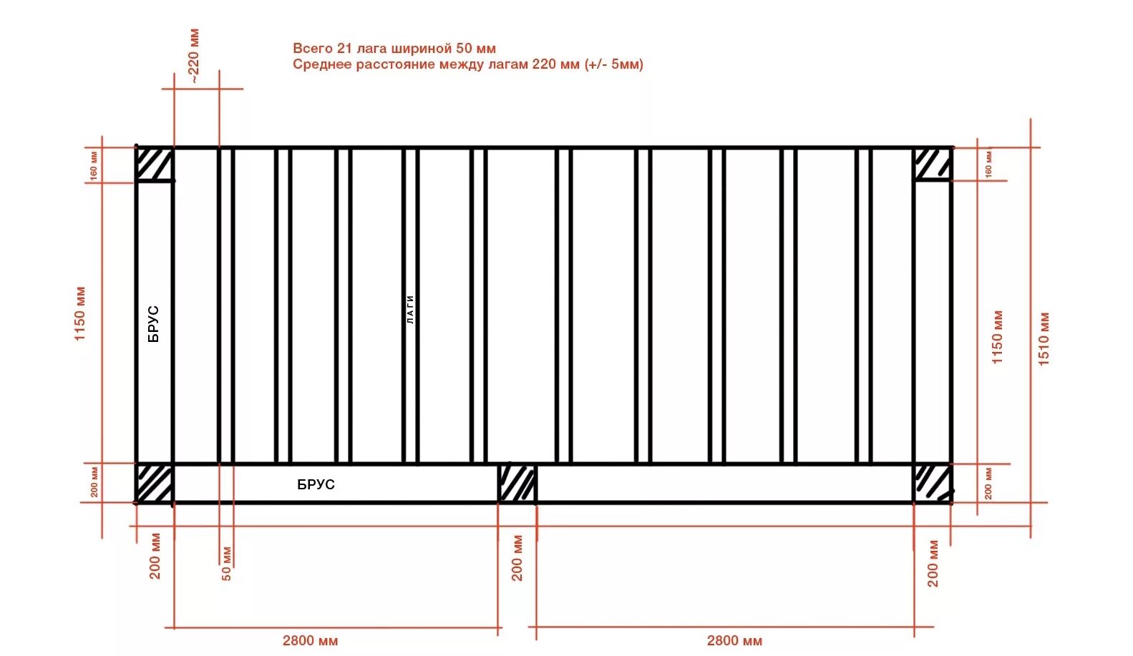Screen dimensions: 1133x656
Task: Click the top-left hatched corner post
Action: pos(155,165)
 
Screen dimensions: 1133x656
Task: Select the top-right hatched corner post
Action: pos(933,164)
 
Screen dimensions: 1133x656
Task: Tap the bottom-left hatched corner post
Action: pos(155,484)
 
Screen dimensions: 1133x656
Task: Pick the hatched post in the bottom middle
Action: pos(517,484)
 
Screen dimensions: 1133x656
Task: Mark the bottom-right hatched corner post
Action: pos(933,483)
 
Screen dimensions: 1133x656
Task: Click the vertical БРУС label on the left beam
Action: pos(154,324)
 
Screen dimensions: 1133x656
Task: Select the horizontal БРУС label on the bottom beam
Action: pos(316,484)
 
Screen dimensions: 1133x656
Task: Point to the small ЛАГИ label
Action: pos(410,310)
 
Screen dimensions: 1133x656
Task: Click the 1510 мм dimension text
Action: pos(1044,339)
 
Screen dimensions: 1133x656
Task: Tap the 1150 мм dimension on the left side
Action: pos(80,313)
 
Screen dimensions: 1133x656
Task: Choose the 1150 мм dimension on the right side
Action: pos(997,337)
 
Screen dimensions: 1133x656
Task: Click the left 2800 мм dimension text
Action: pos(310,640)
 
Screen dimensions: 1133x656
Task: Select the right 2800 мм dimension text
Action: pos(734,640)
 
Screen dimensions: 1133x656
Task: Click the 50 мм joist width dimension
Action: pos(226,564)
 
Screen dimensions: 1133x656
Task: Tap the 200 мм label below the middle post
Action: pos(517,558)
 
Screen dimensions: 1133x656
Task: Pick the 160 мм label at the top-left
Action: pos(94,165)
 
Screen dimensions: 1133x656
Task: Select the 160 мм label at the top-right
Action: pos(988,163)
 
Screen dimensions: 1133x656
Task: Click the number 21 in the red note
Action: pos(344,48)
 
